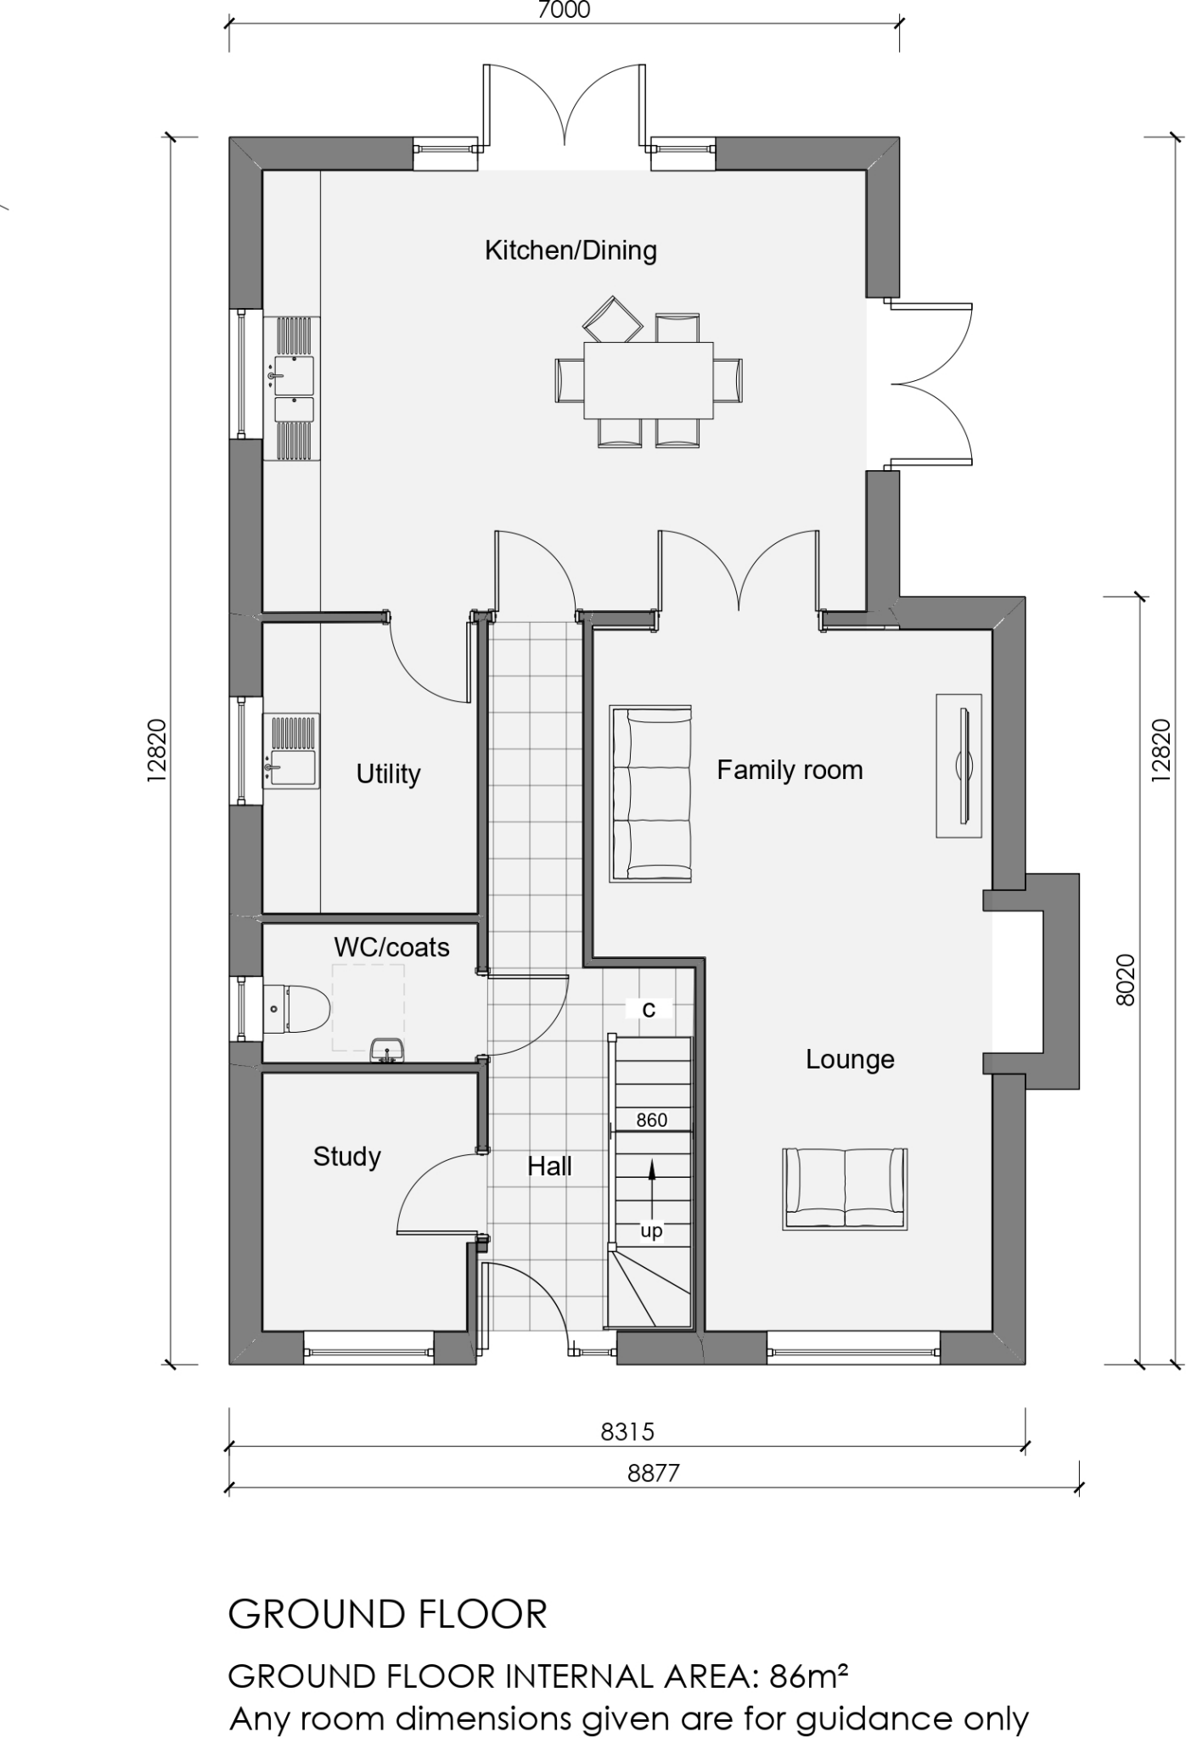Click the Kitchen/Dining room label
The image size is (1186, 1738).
click(x=571, y=250)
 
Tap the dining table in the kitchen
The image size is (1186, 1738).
click(x=648, y=379)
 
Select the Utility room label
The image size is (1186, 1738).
click(x=388, y=774)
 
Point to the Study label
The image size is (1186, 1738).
click(x=346, y=1157)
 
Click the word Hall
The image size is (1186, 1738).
click(x=549, y=1167)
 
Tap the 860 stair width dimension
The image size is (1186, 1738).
click(x=651, y=1120)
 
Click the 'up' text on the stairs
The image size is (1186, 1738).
click(x=651, y=1231)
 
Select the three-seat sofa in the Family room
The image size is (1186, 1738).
click(x=651, y=793)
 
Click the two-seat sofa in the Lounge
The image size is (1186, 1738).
click(x=845, y=1188)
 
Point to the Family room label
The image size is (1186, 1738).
click(x=790, y=771)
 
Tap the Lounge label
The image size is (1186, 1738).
click(x=850, y=1060)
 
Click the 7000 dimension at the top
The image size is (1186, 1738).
click(x=564, y=10)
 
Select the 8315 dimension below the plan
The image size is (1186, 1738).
click(x=627, y=1432)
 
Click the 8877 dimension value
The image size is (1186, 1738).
click(x=654, y=1473)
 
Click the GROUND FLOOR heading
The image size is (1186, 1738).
click(x=388, y=1614)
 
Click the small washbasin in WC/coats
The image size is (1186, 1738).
click(x=387, y=1051)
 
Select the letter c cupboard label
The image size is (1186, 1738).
click(x=649, y=1009)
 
